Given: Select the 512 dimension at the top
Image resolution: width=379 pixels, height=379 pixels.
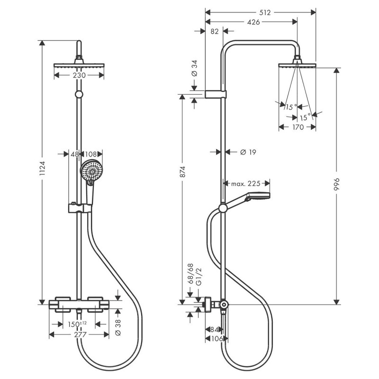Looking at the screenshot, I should click(265, 13).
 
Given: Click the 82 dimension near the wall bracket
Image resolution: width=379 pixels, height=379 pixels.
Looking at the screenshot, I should click(214, 31).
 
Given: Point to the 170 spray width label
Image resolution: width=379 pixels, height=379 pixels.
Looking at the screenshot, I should click(298, 127).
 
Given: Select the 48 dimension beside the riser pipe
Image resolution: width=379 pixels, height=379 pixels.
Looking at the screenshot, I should click(74, 154).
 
